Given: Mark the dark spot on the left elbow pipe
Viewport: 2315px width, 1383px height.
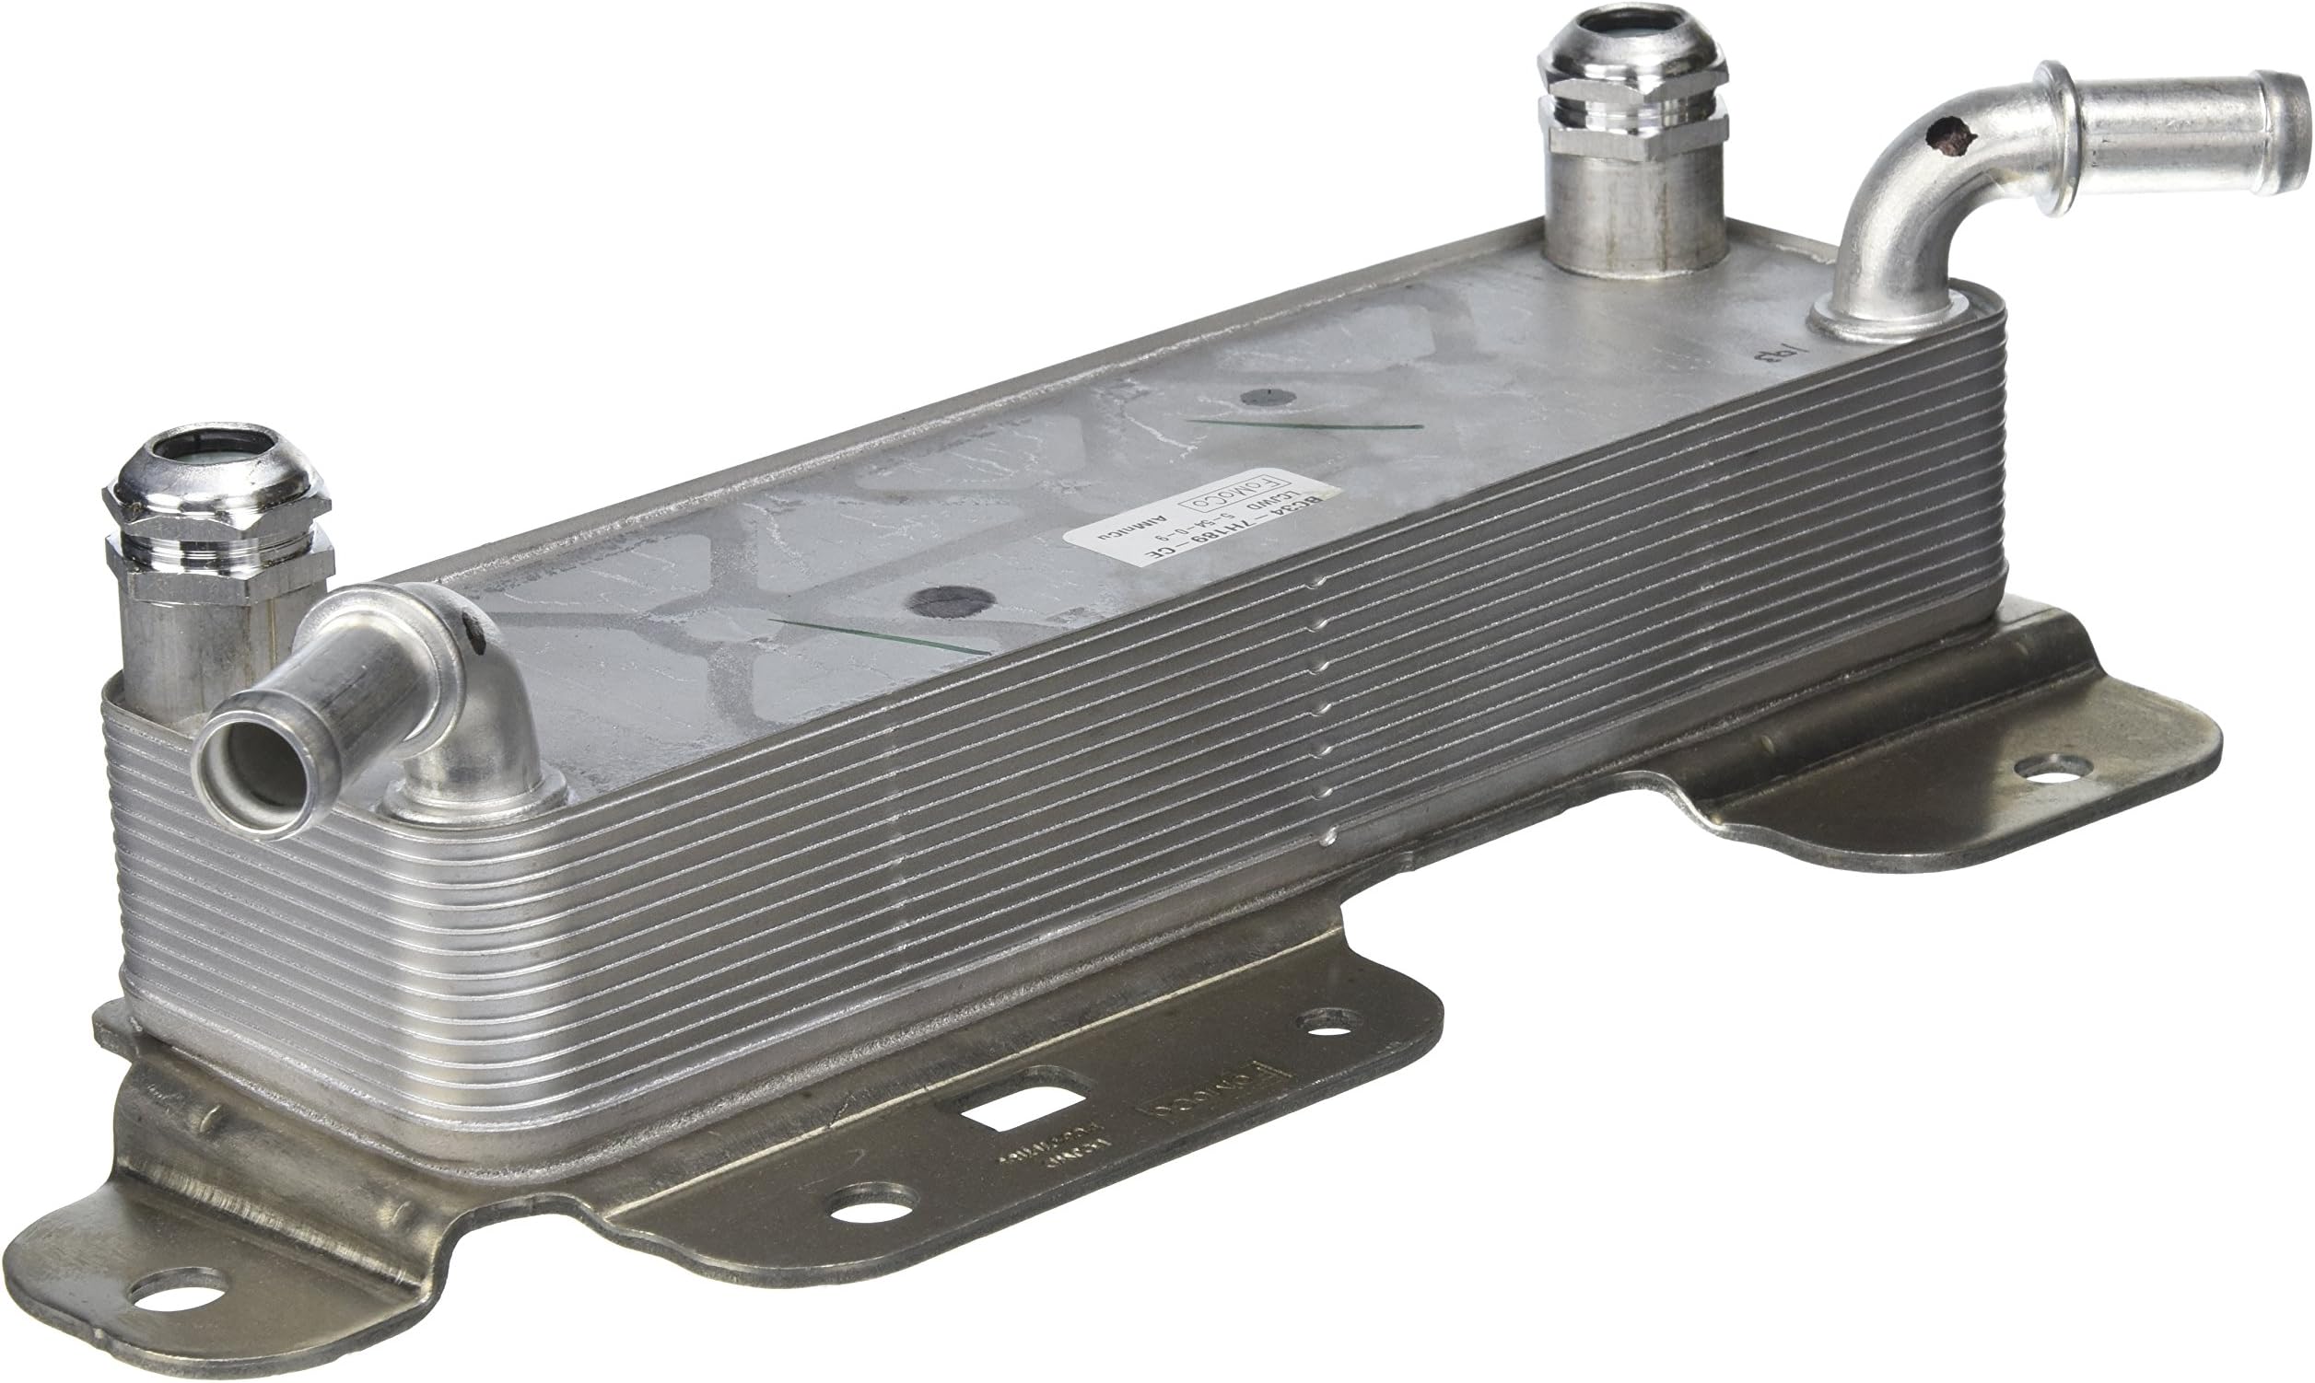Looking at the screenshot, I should coord(474,635).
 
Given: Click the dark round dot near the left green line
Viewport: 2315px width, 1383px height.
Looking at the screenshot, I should coord(949,601).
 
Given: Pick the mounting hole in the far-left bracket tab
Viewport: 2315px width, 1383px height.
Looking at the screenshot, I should coord(174,1291).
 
